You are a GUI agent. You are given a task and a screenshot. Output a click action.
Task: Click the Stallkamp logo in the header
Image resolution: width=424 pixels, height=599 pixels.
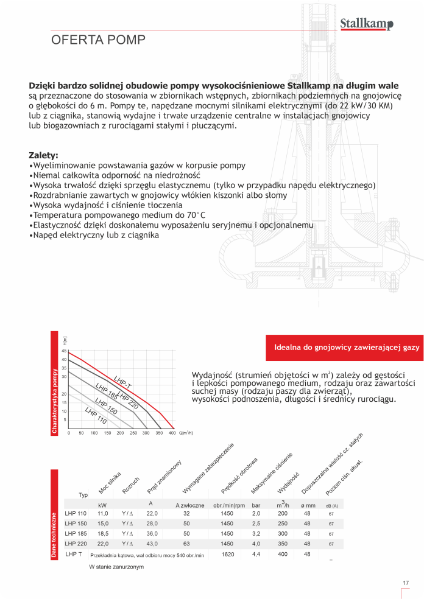pyautogui.click(x=366, y=24)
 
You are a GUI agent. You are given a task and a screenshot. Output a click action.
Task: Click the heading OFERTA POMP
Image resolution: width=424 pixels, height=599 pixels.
pyautogui.click(x=98, y=40)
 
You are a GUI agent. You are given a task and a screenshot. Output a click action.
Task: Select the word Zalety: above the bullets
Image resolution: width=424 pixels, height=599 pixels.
pyautogui.click(x=44, y=155)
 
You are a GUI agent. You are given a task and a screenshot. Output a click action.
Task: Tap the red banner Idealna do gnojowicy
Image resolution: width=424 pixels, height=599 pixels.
pyautogui.click(x=343, y=347)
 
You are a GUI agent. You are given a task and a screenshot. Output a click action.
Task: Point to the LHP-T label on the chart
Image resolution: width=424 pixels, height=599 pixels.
pyautogui.click(x=122, y=382)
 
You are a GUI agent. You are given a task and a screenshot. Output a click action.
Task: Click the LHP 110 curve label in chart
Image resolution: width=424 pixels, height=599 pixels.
pyautogui.click(x=96, y=416)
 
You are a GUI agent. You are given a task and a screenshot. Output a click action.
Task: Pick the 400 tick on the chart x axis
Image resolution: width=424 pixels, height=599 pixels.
pyautogui.click(x=172, y=433)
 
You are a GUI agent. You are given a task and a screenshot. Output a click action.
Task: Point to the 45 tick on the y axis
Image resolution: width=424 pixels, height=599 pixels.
pyautogui.click(x=63, y=351)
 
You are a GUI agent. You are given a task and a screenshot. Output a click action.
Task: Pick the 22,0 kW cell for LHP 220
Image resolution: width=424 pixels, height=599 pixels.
pyautogui.click(x=103, y=544)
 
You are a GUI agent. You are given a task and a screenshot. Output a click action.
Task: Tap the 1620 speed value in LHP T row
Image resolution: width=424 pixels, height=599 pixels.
pyautogui.click(x=228, y=554)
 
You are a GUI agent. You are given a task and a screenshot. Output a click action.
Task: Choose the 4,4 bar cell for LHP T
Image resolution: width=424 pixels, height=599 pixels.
pyautogui.click(x=256, y=554)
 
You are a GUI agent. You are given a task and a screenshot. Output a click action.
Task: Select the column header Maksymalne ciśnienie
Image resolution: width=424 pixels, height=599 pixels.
pyautogui.click(x=272, y=473)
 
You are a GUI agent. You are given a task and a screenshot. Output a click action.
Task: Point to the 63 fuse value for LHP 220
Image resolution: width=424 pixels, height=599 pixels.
pyautogui.click(x=186, y=544)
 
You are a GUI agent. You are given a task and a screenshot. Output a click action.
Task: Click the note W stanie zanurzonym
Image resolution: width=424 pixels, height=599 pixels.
pyautogui.click(x=116, y=567)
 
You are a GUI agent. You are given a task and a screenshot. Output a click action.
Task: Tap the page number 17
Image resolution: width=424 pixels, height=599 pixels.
pyautogui.click(x=406, y=583)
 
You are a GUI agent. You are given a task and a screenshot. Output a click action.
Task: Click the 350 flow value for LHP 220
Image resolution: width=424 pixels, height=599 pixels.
pyautogui.click(x=283, y=544)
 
